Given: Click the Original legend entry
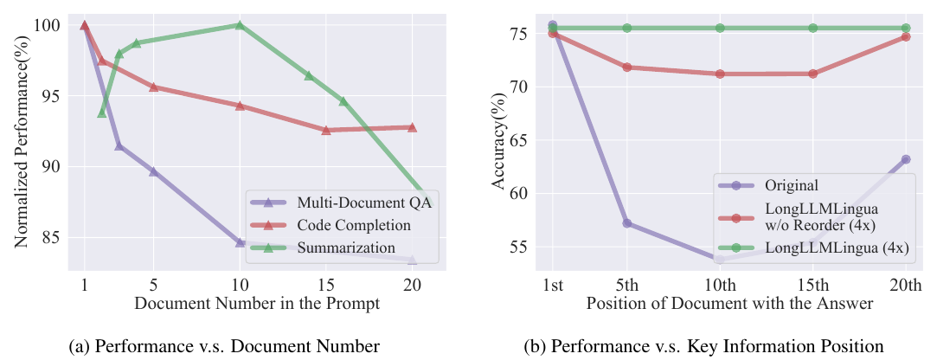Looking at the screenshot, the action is point(767,185).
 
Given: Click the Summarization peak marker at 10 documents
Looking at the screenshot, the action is point(240,25).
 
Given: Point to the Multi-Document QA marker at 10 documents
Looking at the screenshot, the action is point(240,242).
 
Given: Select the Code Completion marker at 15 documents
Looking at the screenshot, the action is point(325,130).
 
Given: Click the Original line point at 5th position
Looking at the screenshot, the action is point(627,223).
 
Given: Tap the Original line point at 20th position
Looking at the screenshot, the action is point(905,159).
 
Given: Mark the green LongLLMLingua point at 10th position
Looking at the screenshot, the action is point(720,28).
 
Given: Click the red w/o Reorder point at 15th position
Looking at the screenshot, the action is point(812,74).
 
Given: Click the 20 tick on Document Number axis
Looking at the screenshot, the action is point(412,282).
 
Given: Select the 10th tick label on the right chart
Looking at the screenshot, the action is point(720,284).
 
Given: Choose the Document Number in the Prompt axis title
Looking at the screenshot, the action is point(256,303).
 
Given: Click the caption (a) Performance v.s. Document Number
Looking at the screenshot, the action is point(224,346).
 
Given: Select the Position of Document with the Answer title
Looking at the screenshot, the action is point(729,303).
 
